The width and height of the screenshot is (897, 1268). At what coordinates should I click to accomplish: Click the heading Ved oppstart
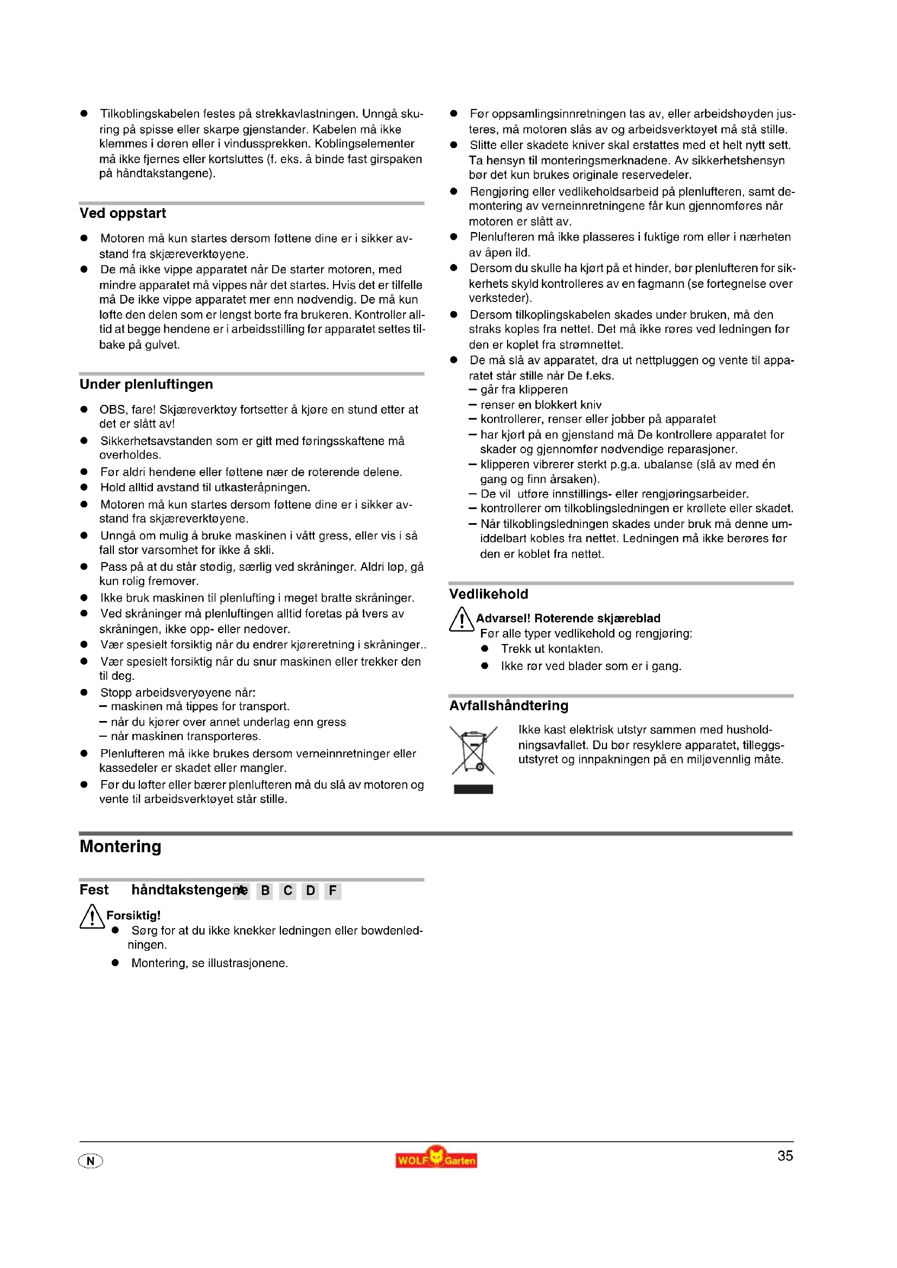[x=122, y=214]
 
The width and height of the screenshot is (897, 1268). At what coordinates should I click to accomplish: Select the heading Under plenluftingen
[x=146, y=384]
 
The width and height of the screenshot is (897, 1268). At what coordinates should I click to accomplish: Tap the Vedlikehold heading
[x=488, y=594]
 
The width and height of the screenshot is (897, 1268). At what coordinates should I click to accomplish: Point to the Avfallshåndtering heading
[x=508, y=706]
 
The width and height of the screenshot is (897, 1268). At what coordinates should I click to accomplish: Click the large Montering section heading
[x=120, y=847]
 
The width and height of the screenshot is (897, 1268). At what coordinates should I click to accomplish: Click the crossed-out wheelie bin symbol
[x=473, y=749]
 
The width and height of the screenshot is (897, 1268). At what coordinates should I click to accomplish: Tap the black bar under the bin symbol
[x=473, y=789]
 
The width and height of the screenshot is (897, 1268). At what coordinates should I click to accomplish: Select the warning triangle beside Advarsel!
[x=461, y=619]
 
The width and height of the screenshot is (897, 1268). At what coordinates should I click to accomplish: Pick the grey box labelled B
[x=265, y=891]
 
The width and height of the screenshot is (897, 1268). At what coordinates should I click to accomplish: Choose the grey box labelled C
[x=288, y=891]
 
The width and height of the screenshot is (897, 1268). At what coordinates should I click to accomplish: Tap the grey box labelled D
[x=310, y=891]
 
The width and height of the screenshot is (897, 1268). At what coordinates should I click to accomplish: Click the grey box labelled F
[x=332, y=891]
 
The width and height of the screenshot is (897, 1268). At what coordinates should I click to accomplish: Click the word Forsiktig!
[x=133, y=916]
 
